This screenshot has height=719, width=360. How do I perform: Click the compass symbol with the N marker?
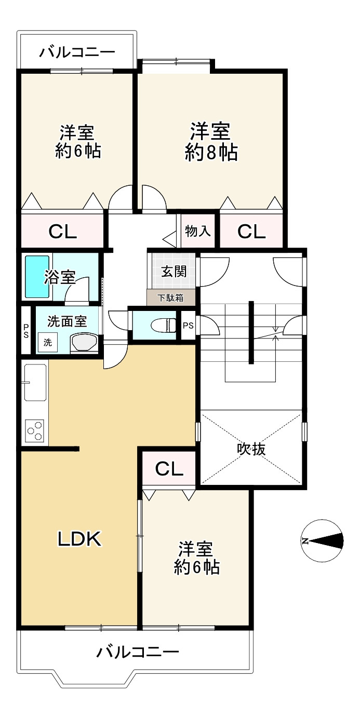tap(323, 540)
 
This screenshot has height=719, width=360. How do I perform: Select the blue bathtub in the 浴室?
tap(37, 276)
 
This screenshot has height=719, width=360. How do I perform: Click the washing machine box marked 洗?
tap(47, 343)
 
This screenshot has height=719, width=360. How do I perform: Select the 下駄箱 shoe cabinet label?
tap(171, 297)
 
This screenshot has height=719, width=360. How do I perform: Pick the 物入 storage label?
tap(198, 231)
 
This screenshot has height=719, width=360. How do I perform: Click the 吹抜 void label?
tap(251, 448)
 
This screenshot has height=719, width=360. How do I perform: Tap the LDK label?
tap(79, 540)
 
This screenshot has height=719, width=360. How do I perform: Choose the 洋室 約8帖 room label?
tap(211, 141)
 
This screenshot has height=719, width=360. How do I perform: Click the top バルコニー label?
tap(77, 52)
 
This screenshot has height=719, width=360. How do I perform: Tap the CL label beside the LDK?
tap(169, 469)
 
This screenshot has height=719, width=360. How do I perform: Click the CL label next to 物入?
tap(251, 232)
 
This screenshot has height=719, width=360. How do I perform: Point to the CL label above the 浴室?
tap(63, 232)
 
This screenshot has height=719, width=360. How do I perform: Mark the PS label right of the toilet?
tap(188, 326)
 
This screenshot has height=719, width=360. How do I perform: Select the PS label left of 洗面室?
tap(26, 331)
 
